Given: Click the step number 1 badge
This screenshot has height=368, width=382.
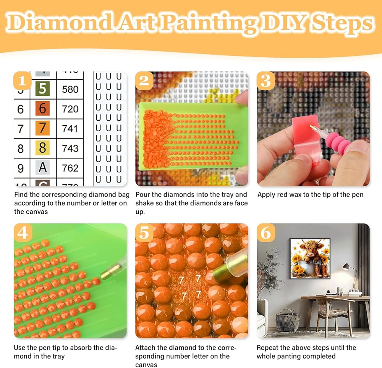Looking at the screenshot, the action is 22,81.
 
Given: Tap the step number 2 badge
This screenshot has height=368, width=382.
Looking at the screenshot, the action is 144,81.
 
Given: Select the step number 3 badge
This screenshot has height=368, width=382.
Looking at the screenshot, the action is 265,81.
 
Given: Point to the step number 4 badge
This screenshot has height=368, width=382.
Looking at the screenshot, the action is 22,233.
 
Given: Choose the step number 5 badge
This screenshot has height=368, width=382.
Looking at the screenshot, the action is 144,233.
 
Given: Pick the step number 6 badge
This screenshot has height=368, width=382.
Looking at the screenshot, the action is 265,233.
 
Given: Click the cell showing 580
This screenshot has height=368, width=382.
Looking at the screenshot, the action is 70,89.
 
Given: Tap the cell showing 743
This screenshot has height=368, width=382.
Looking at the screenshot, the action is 70,148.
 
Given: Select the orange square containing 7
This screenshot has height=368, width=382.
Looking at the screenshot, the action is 42,128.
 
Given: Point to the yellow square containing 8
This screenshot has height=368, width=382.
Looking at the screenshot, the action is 42,148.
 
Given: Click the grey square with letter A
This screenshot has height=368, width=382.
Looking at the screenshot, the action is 42,168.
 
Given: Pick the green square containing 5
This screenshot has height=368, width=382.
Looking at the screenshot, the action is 42,89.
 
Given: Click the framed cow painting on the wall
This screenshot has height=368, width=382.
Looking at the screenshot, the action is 310,258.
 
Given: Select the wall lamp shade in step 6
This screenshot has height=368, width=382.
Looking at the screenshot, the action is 346,267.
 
